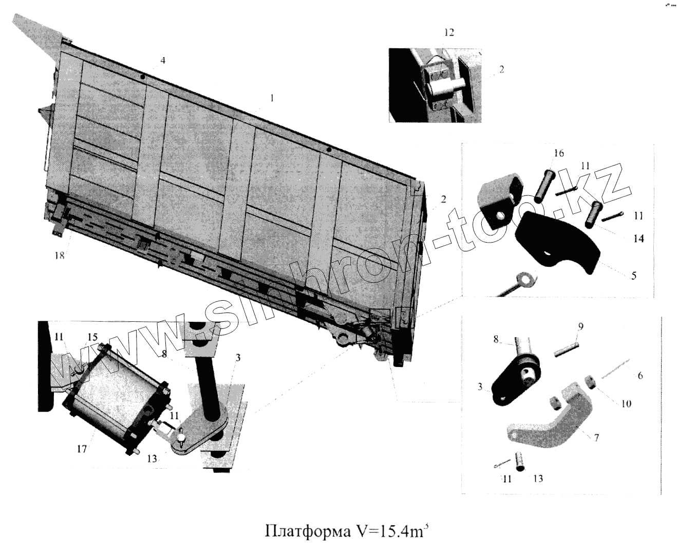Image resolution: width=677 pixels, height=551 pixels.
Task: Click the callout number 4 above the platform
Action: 163,61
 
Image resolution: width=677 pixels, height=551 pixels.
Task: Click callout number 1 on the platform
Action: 273,97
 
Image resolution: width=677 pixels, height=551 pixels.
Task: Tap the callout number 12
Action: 449,32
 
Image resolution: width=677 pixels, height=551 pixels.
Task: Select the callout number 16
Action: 559,154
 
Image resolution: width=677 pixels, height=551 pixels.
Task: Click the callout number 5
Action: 634,275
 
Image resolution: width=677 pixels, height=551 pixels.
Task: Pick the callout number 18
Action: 60,255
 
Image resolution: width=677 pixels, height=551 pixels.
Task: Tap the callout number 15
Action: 92,337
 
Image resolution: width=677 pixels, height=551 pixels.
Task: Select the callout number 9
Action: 580,326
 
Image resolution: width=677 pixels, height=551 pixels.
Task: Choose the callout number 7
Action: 596,438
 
